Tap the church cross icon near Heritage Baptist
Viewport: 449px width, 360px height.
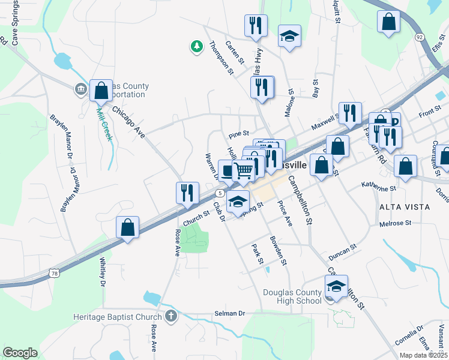(171, 316)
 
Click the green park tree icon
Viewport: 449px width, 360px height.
(196, 46)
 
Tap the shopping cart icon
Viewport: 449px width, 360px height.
(243, 170)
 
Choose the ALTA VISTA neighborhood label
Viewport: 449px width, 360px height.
(405, 206)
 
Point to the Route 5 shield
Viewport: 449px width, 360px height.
(221, 193)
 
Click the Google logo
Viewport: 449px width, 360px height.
(20, 352)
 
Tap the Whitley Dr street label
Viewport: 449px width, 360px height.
(103, 272)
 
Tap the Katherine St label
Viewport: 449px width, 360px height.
(379, 187)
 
